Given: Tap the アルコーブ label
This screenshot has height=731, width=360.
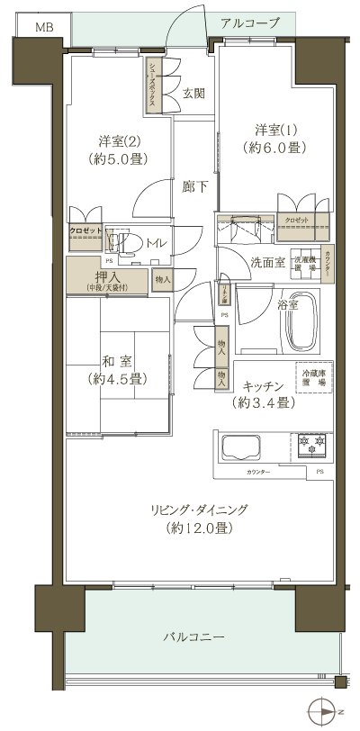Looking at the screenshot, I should (249, 23).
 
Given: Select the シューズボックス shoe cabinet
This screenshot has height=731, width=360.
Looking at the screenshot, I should (154, 86).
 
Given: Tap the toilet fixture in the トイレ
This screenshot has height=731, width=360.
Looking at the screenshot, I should (128, 243).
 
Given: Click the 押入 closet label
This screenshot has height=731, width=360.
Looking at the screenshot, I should (109, 276).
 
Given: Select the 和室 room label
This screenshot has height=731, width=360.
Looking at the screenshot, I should (112, 360).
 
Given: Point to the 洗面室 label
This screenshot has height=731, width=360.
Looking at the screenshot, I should (267, 263).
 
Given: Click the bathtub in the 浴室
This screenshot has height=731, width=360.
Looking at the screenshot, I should (301, 322).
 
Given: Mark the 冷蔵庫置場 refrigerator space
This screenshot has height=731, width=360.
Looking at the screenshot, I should (310, 373).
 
